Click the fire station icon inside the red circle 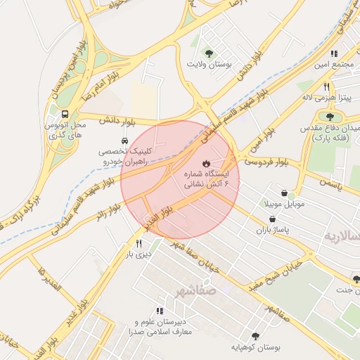(205, 163)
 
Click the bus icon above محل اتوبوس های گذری (65, 114)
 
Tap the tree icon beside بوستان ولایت (208, 53)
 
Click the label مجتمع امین (332, 65)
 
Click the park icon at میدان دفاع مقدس (329, 117)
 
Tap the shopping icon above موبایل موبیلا (283, 193)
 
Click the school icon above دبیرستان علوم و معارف (160, 311)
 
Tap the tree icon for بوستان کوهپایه (255, 336)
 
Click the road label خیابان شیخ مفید (274, 276)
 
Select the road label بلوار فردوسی (267, 162)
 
